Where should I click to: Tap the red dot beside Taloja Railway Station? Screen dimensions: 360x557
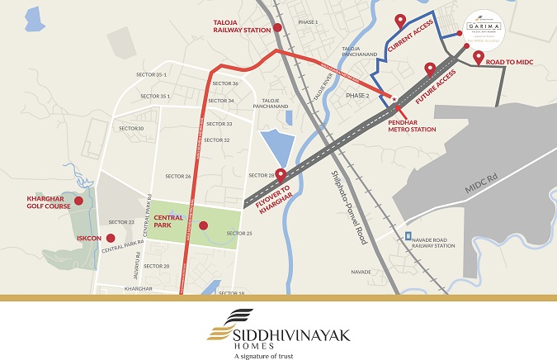(277, 28)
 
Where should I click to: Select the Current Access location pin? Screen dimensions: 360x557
(400, 21)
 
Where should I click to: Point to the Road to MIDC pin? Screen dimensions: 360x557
(478, 57)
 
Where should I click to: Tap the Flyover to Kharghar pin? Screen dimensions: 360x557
(281, 175)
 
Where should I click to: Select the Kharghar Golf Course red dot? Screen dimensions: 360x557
(79, 201)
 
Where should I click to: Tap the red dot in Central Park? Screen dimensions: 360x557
(203, 225)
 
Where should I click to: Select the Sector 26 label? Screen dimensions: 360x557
(178, 176)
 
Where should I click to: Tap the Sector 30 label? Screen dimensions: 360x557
(130, 128)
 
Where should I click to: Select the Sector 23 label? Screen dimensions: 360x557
(120, 222)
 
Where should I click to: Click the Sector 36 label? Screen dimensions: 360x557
(224, 83)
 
